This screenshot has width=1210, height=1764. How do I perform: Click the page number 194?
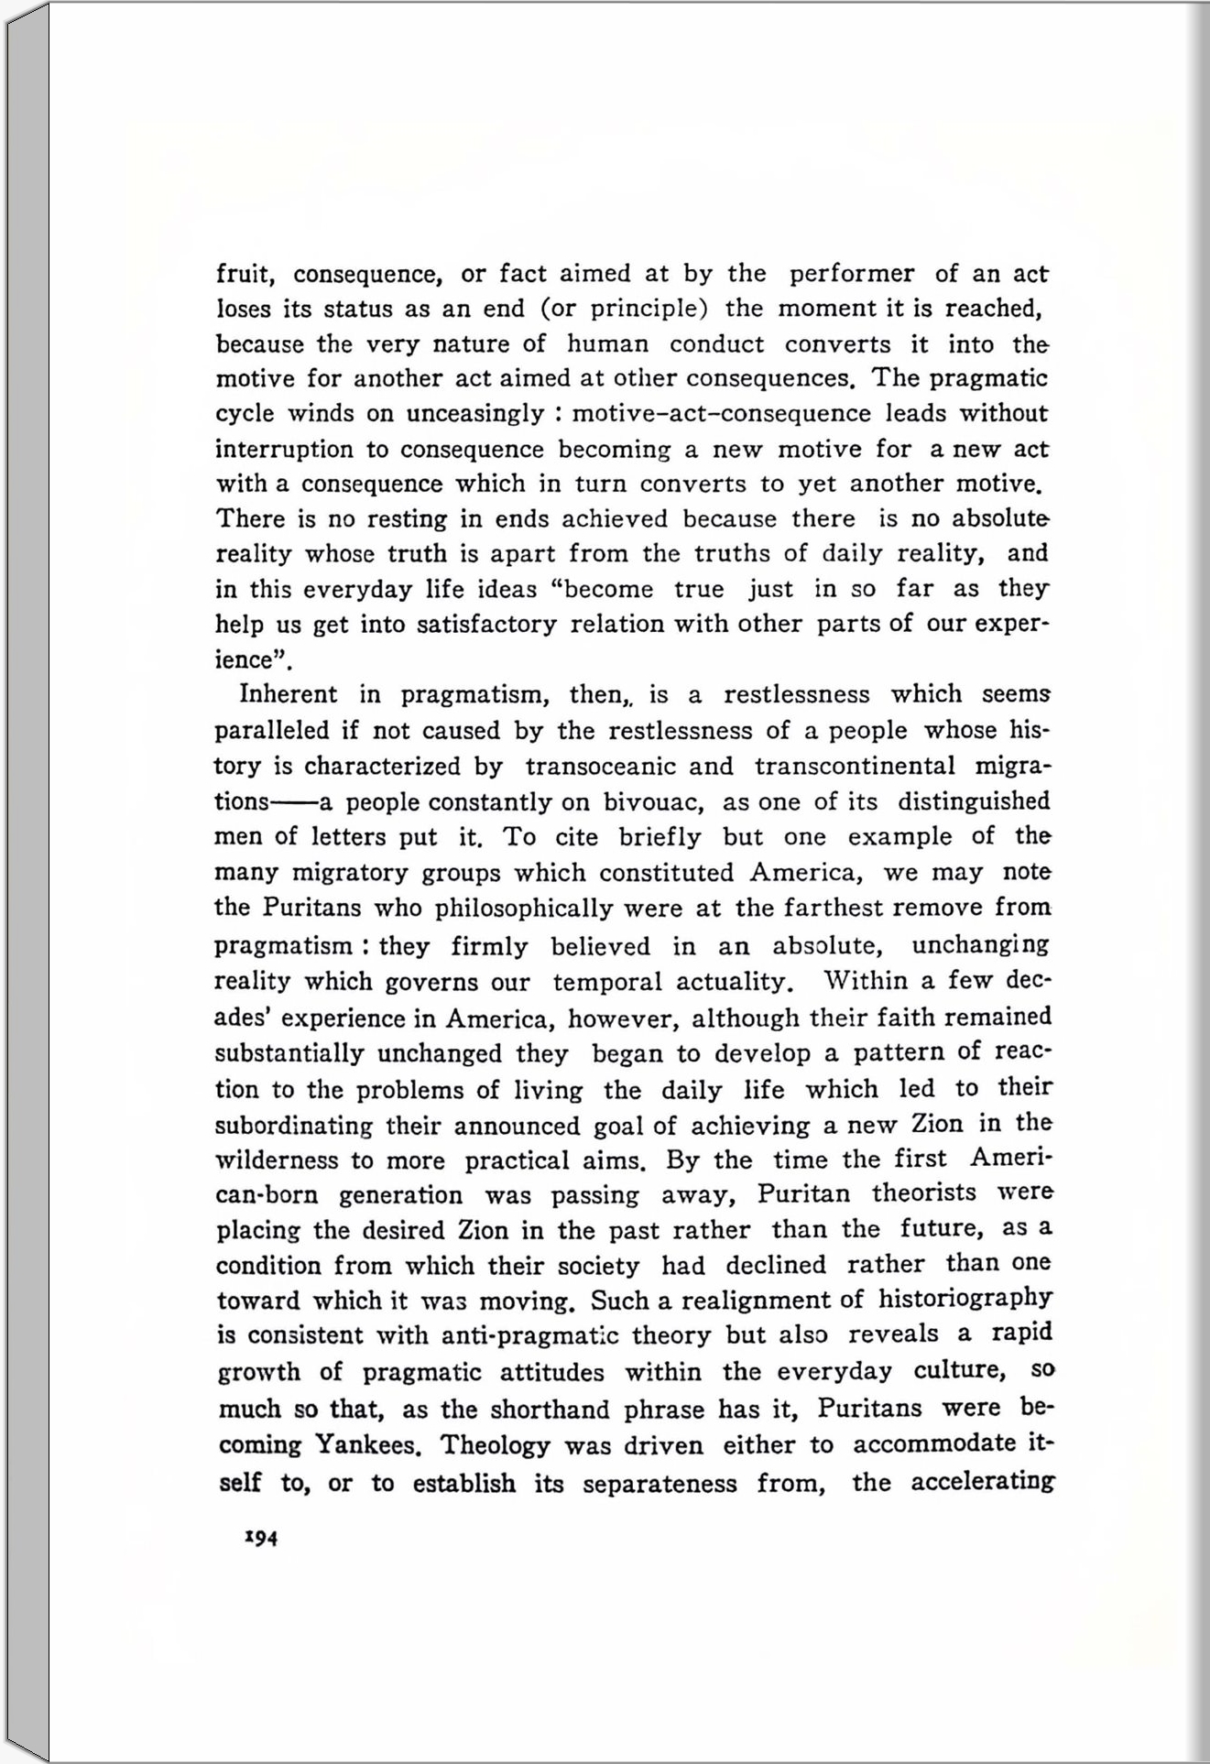261,1538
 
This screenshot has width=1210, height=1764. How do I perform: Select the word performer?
851,274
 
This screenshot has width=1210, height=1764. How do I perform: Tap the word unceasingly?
474,414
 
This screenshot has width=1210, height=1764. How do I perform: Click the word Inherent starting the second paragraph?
288,694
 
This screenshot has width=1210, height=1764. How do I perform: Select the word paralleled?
272,731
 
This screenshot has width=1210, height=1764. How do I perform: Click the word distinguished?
973,801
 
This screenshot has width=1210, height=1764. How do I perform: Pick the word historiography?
965,1298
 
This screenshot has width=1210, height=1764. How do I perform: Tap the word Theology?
496,1445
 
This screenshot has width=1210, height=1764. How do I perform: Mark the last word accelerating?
982,1482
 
